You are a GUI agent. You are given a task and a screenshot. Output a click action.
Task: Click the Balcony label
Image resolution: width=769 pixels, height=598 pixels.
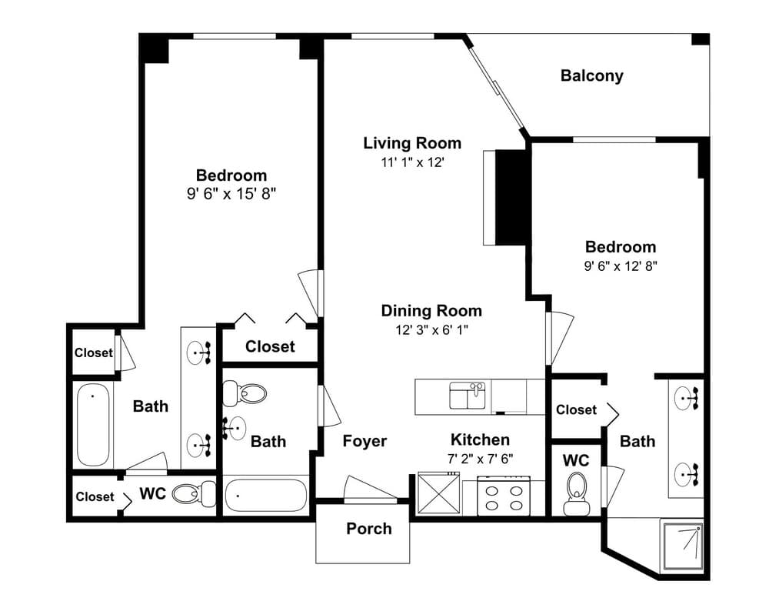pyautogui.click(x=591, y=75)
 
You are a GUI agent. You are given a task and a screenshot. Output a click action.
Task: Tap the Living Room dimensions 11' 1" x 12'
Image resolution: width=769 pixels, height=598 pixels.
pyautogui.click(x=412, y=162)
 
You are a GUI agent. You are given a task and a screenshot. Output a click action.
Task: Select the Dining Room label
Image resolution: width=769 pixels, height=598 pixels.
pyautogui.click(x=431, y=311)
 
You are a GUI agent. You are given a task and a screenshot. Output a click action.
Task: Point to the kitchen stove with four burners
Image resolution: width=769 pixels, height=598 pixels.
pyautogui.click(x=504, y=496)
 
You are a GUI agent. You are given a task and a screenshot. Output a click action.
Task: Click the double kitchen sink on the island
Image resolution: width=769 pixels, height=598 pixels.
pyautogui.click(x=468, y=396)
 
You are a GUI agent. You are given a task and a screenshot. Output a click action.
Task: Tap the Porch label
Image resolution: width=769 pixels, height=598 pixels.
pyautogui.click(x=369, y=528)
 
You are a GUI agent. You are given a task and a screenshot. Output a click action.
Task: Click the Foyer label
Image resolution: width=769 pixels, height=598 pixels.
pyautogui.click(x=365, y=442)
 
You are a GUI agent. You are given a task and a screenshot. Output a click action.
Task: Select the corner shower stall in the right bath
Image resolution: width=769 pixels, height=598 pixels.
pyautogui.click(x=682, y=546)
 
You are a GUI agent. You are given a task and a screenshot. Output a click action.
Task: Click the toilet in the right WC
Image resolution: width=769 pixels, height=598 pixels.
pyautogui.click(x=576, y=493)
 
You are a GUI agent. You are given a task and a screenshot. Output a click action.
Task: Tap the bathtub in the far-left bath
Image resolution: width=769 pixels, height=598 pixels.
pyautogui.click(x=93, y=424)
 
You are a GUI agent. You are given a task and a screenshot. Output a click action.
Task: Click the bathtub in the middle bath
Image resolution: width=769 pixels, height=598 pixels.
pyautogui.click(x=266, y=495)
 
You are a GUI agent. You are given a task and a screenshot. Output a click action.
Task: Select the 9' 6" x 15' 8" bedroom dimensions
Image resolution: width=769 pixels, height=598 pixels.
pyautogui.click(x=231, y=194)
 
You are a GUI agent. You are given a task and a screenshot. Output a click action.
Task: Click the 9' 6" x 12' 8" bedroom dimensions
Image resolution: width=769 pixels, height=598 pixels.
pyautogui.click(x=621, y=266)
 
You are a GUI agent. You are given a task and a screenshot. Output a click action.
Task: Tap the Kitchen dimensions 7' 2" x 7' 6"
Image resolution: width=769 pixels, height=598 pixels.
pyautogui.click(x=480, y=459)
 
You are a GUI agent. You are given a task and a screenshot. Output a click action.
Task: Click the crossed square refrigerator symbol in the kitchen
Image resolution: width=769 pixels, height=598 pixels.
pyautogui.click(x=439, y=493)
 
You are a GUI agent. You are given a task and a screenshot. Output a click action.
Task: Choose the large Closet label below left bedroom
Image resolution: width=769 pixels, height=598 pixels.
pyautogui.click(x=270, y=346)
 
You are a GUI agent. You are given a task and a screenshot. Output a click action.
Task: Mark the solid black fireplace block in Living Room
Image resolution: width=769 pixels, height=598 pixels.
pyautogui.click(x=512, y=197)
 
